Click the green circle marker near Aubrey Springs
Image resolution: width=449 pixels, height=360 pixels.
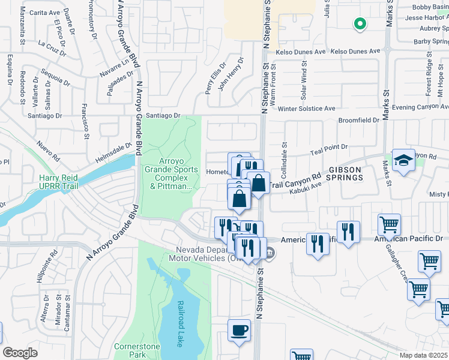[360, 24]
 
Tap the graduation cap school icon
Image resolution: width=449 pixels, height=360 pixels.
[403, 160]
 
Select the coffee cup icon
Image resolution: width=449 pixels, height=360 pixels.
[239, 330]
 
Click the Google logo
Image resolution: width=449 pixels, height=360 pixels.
[20, 353]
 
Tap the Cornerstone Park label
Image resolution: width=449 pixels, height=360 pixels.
[134, 351]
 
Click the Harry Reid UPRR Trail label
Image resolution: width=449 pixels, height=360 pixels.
[59, 182]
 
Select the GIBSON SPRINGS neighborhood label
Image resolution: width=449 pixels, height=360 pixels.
[344, 174]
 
